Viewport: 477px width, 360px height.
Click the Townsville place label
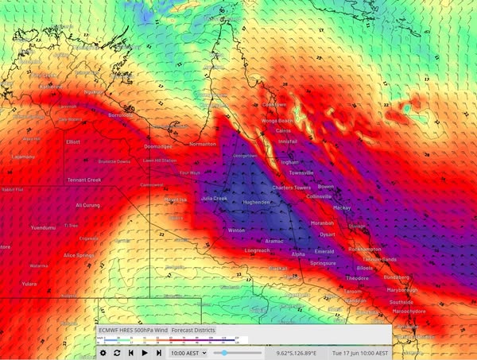click(x=301, y=172)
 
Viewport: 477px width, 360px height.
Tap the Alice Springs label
click(x=79, y=255)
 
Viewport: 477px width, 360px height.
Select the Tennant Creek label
click(x=83, y=180)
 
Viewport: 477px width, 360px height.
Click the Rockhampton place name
click(x=365, y=249)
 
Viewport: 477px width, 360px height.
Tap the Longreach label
click(x=257, y=250)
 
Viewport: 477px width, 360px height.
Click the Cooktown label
click(x=274, y=105)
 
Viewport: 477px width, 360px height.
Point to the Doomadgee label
click(x=158, y=147)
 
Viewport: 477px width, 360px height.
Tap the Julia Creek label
click(x=215, y=198)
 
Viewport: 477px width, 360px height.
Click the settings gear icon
click(x=103, y=352)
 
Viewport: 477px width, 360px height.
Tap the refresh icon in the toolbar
click(x=117, y=352)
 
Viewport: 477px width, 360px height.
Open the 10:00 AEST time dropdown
click(x=188, y=352)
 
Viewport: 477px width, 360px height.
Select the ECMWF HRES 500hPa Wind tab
click(x=133, y=330)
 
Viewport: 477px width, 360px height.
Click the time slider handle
click(x=225, y=352)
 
